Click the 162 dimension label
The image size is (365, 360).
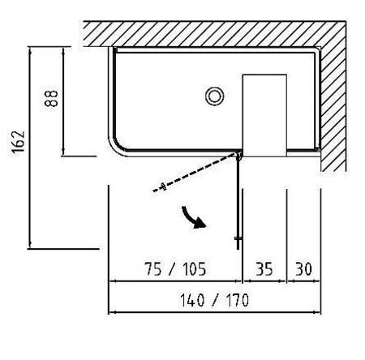[x=18, y=143]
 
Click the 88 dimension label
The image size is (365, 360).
[x=51, y=99]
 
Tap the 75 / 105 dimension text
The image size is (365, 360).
[x=175, y=269]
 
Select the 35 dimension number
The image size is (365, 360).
[x=264, y=269]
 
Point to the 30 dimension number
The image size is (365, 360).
[x=303, y=269]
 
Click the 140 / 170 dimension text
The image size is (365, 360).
[x=214, y=300]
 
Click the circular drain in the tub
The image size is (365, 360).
[x=214, y=96]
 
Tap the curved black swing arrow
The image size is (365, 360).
[x=193, y=218]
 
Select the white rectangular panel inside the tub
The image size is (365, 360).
[x=264, y=115]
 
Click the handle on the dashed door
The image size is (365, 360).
[x=163, y=186]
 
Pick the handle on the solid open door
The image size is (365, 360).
[x=238, y=238]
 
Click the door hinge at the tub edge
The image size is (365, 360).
[x=238, y=155]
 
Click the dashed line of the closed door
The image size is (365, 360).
[x=195, y=173]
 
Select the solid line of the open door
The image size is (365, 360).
[x=238, y=203]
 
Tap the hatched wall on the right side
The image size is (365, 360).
[x=333, y=108]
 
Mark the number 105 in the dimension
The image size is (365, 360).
[x=195, y=269]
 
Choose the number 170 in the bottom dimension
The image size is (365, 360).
[x=238, y=300]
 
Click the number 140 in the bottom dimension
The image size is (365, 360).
[x=192, y=300]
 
